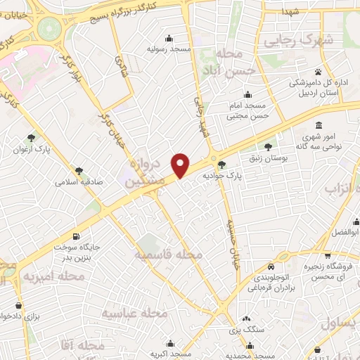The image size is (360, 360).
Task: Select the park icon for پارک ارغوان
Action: pos(30,138)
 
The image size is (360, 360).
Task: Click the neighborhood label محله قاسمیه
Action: pos(169,253)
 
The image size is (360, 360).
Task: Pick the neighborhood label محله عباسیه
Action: pos(134,311)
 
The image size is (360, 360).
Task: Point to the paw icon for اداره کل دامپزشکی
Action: pos(318,72)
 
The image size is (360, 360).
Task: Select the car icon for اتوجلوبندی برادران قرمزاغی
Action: pos(271,266)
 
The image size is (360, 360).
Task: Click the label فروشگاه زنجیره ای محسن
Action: pos(328,272)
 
